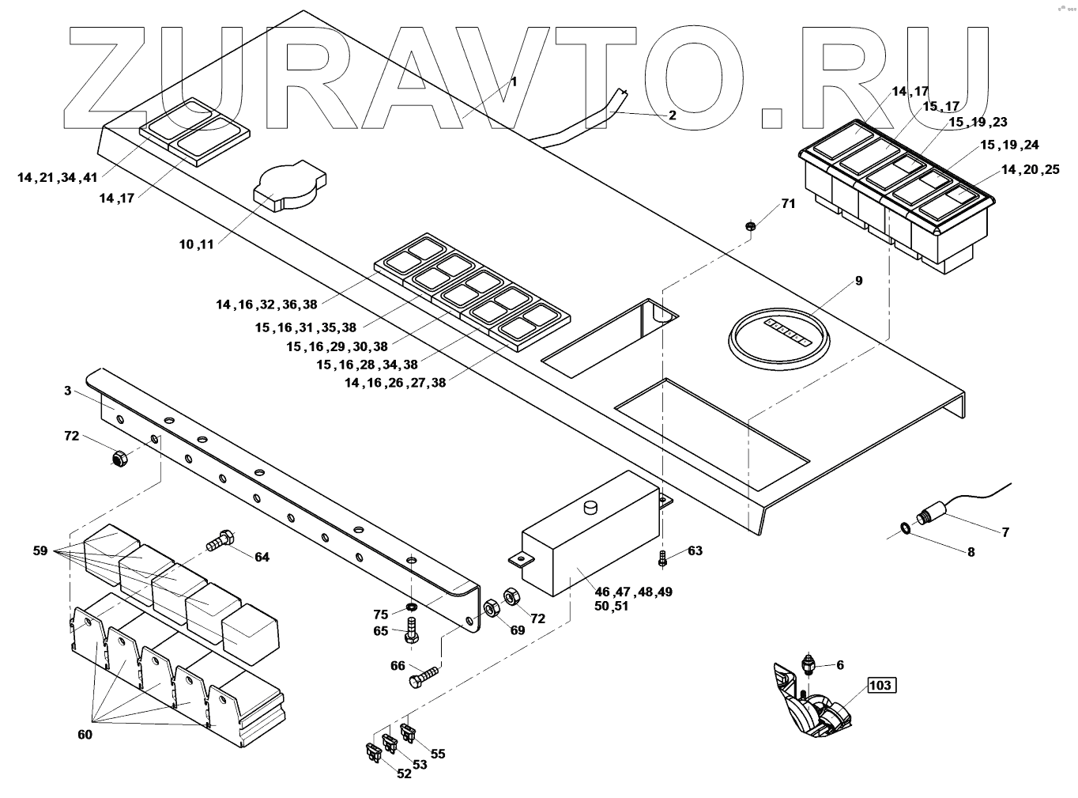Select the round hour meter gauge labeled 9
(779, 337)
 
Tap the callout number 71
(788, 204)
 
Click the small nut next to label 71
(752, 228)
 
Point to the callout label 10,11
(197, 245)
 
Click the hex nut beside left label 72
(119, 457)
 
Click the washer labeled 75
(412, 606)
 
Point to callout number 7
(1005, 532)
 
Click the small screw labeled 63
(663, 558)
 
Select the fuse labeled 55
(409, 732)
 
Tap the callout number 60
(85, 735)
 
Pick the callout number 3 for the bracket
(68, 391)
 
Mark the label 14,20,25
(1030, 170)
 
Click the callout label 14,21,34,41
(58, 178)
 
